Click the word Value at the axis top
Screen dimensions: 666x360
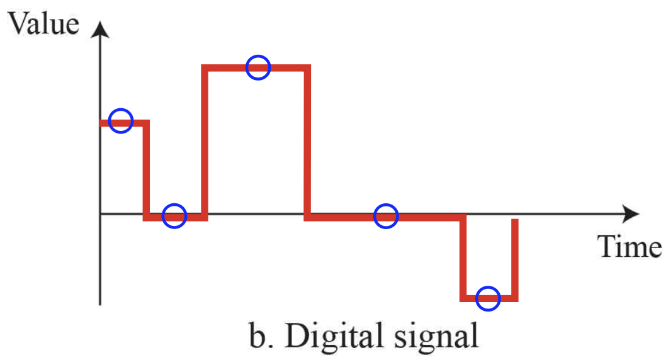click(x=46, y=24)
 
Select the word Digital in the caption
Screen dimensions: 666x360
click(x=336, y=336)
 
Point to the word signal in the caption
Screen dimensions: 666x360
click(x=439, y=336)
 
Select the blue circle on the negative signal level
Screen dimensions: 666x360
click(x=488, y=298)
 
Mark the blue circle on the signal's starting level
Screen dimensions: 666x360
click(x=121, y=120)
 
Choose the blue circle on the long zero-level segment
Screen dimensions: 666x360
click(x=387, y=217)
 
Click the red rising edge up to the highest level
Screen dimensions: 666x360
click(x=205, y=142)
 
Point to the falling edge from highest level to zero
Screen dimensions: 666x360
click(x=308, y=142)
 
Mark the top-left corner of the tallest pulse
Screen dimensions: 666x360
click(x=205, y=67)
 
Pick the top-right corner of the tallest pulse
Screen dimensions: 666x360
click(x=308, y=67)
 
